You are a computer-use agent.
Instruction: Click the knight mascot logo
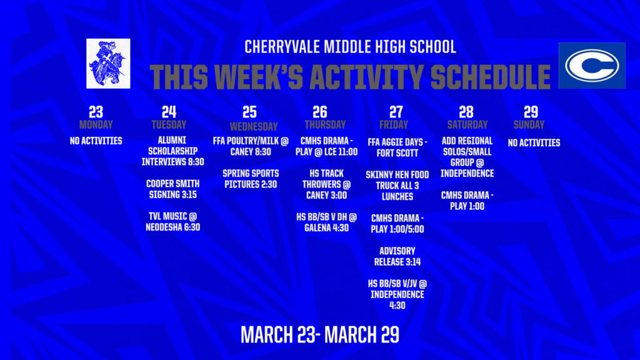[x=109, y=63]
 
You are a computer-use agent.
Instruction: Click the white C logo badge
[x=591, y=66]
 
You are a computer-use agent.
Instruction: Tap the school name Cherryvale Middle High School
[x=350, y=47]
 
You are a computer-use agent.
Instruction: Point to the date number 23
[x=96, y=112]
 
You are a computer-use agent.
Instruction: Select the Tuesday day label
[x=169, y=124]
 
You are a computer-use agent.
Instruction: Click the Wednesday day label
[x=250, y=126]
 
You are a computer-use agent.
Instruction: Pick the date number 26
[x=319, y=112]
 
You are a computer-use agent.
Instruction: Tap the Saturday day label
[x=467, y=124]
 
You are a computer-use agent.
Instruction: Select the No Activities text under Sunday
[x=534, y=142]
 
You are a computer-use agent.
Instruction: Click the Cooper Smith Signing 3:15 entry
[x=173, y=189]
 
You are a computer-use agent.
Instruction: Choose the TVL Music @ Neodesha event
[x=173, y=221]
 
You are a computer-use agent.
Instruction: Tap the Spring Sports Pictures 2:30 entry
[x=250, y=178]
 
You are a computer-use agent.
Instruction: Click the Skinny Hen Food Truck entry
[x=397, y=186]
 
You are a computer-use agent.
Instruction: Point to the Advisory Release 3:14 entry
[x=397, y=256]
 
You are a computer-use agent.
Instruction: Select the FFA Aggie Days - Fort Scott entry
[x=397, y=147]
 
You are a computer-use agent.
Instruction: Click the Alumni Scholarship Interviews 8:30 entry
[x=173, y=151]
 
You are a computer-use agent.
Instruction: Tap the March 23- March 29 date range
[x=320, y=334]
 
